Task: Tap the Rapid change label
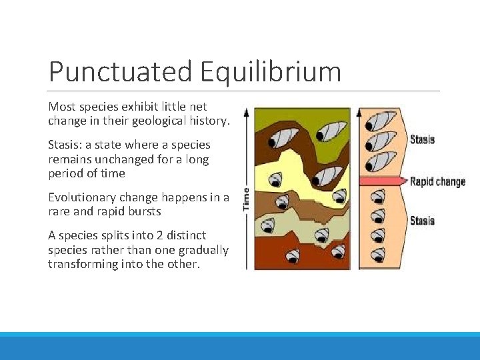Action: (437, 181)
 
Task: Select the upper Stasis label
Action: (421, 139)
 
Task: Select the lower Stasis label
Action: (421, 221)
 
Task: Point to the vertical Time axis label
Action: (246, 199)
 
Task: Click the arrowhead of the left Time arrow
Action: (246, 111)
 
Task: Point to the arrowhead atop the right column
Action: (359, 112)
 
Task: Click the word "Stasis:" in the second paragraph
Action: (65, 145)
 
